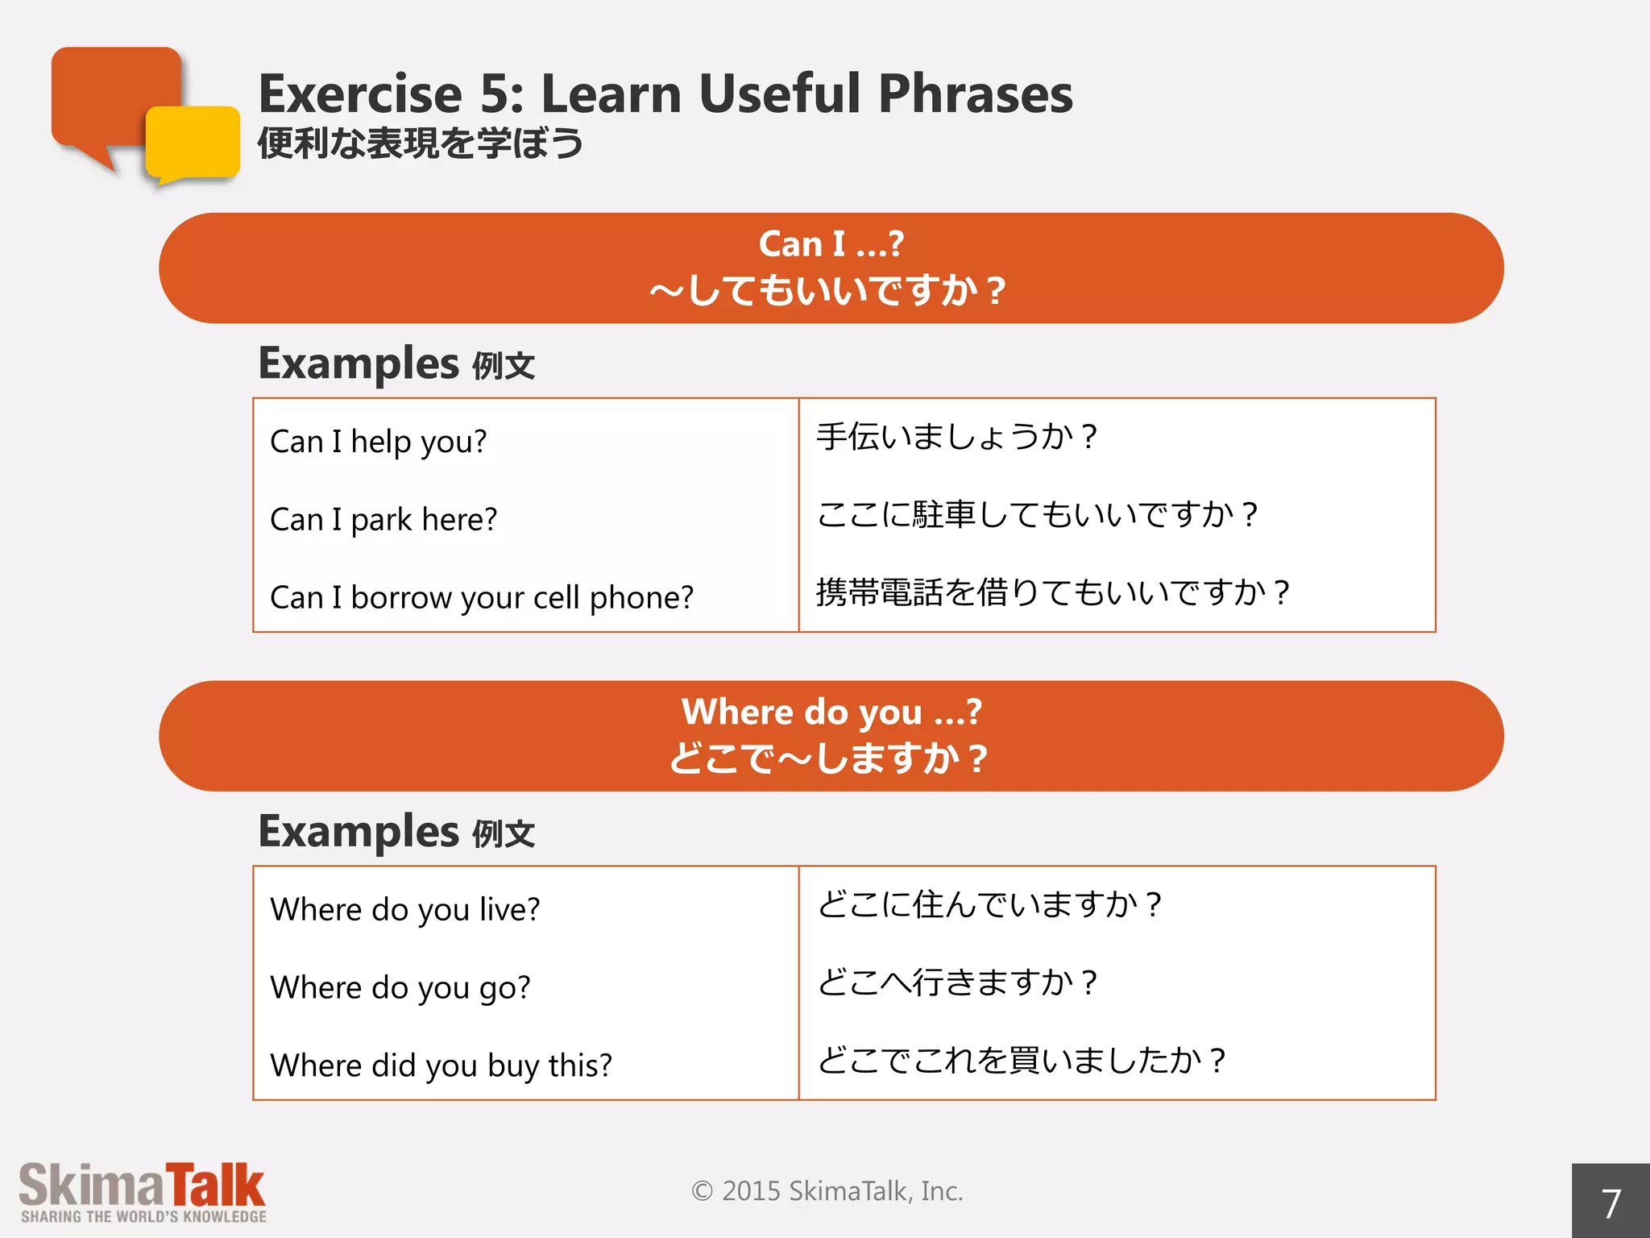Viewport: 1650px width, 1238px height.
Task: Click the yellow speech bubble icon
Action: coord(193,142)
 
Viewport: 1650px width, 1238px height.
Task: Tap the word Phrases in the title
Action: coord(975,94)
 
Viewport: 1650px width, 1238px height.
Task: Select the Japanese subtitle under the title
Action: coord(420,143)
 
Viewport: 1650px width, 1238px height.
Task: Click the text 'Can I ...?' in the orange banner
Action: coord(831,244)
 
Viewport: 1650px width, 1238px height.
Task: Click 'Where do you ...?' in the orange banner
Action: coord(831,712)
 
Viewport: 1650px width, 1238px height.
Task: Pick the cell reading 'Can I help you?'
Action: coord(379,442)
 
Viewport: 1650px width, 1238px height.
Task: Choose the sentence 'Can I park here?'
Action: coord(383,520)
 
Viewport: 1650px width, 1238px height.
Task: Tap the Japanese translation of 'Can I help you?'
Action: coord(956,437)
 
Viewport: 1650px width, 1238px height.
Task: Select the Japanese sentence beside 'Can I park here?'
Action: coord(1037,515)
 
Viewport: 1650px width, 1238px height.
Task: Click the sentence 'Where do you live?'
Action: coord(405,910)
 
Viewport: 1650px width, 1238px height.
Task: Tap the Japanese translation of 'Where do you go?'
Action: coord(956,983)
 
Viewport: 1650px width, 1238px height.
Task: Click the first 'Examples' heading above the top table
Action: coord(359,364)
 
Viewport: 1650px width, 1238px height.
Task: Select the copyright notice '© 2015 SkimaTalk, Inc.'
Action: coord(827,1191)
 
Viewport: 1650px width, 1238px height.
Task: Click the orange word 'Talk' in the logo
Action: coord(215,1186)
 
